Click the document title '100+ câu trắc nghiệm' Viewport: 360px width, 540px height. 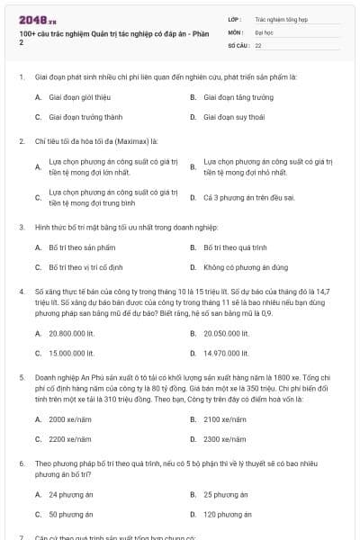(54, 33)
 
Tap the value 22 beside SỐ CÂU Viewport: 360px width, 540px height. (258, 44)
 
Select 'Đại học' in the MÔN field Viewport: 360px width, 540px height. (265, 31)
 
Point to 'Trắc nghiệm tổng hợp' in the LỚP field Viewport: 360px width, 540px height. (281, 18)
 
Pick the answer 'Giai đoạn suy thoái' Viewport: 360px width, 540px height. (235, 117)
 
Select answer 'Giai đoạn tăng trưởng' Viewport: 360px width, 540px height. (238, 96)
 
